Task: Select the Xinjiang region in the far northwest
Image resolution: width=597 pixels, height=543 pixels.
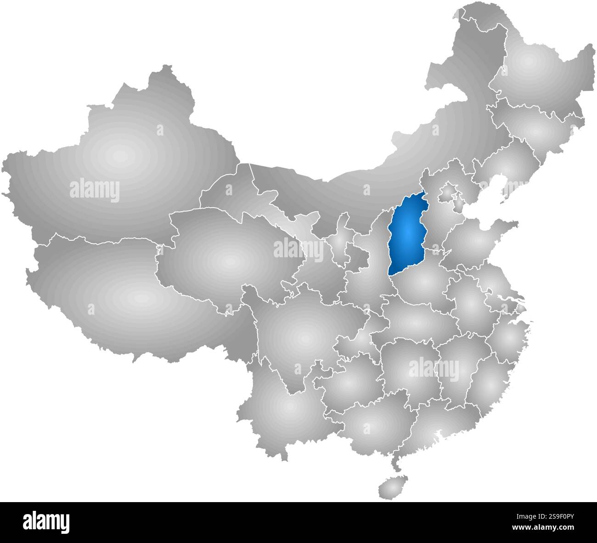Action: click(119, 156)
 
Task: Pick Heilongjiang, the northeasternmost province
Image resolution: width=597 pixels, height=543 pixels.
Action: click(528, 64)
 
